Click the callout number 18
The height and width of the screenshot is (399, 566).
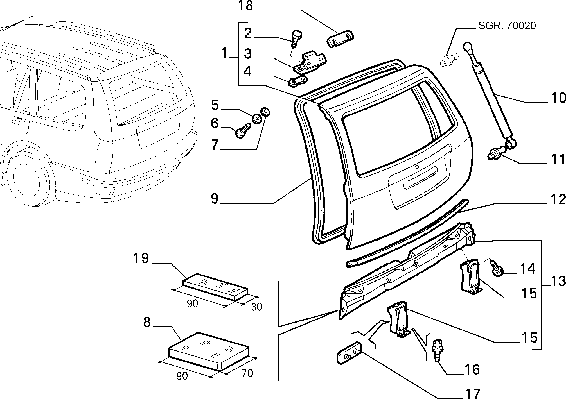pos(246,6)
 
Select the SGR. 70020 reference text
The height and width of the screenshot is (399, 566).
pos(507,26)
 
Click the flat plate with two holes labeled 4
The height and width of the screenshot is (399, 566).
pos(297,81)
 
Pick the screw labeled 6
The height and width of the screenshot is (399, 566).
pos(243,131)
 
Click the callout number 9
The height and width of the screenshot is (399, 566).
pos(214,199)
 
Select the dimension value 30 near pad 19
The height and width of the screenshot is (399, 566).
pos(256,307)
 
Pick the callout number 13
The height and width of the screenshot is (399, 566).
pos(558,281)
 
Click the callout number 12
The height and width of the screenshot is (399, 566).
pos(558,199)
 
